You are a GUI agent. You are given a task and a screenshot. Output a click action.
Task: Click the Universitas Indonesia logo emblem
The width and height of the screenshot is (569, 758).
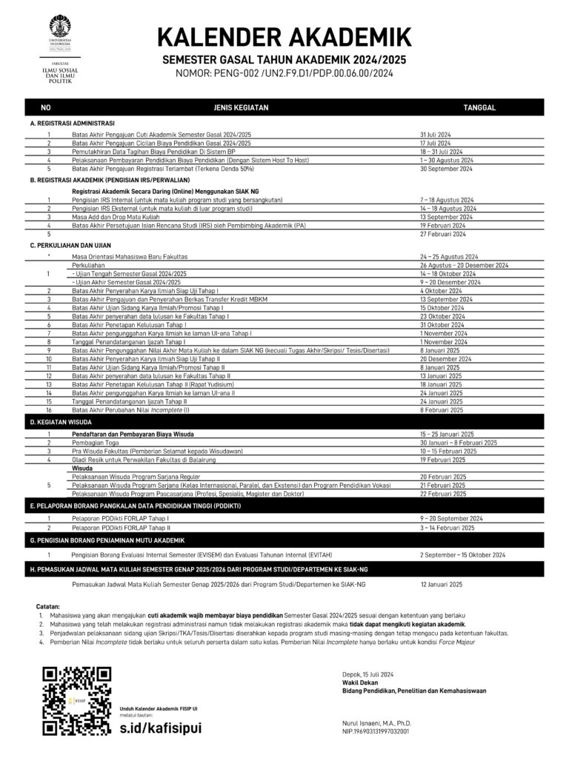coord(61,27)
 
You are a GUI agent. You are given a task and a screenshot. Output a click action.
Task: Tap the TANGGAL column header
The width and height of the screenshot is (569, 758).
coord(479,108)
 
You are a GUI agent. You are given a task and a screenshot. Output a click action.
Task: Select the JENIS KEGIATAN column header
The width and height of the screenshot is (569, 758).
coord(241,108)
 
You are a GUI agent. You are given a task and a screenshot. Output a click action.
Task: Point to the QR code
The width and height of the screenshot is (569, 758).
coord(77,700)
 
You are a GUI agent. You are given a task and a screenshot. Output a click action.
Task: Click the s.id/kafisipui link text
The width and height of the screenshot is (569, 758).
coord(160,727)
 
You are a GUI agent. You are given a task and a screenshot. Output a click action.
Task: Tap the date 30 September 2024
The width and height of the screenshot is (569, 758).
coord(447,168)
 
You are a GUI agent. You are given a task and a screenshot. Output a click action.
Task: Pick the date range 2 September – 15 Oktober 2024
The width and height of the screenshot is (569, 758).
coord(462,554)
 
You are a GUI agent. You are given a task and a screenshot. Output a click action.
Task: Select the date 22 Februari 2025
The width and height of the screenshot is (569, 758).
coord(443,494)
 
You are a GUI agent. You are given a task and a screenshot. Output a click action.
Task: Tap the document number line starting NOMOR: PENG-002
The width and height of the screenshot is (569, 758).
coord(284,73)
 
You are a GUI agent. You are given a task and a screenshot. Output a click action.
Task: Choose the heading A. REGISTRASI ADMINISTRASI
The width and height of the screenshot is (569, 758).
coord(73,123)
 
